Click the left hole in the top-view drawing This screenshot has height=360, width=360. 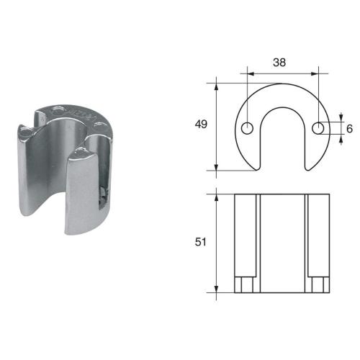pos(247,128)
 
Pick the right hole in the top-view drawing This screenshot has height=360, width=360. pos(319,128)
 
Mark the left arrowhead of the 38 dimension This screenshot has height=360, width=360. pos(250,73)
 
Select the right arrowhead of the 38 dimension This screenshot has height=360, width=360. pos(316,73)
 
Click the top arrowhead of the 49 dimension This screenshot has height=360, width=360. pos(217,85)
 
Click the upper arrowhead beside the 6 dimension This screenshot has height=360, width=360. pos(341,117)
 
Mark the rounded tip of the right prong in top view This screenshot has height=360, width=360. pos(311,168)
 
